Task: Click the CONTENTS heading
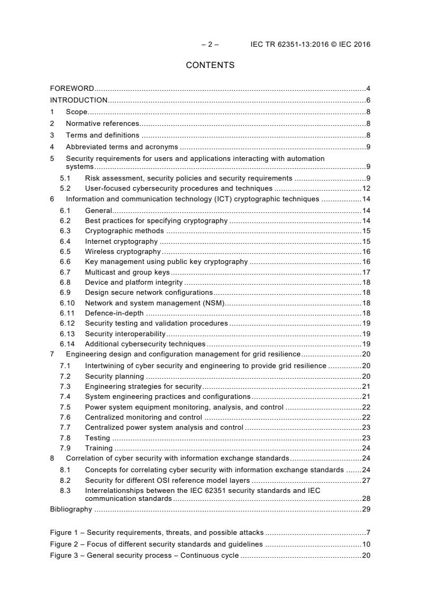(x=210, y=65)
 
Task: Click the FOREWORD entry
(x=72, y=88)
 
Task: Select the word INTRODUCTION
(x=79, y=100)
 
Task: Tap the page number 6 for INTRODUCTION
(x=368, y=100)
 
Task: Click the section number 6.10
(x=67, y=303)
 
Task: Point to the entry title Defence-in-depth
(x=114, y=313)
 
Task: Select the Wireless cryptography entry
(x=123, y=251)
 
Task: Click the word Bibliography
(x=71, y=509)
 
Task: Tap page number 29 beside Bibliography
(x=366, y=509)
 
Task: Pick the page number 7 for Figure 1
(x=368, y=532)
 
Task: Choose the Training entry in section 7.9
(x=99, y=448)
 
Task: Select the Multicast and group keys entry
(x=127, y=272)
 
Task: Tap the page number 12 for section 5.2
(x=366, y=188)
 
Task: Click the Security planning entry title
(x=114, y=376)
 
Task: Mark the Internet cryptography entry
(x=121, y=241)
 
